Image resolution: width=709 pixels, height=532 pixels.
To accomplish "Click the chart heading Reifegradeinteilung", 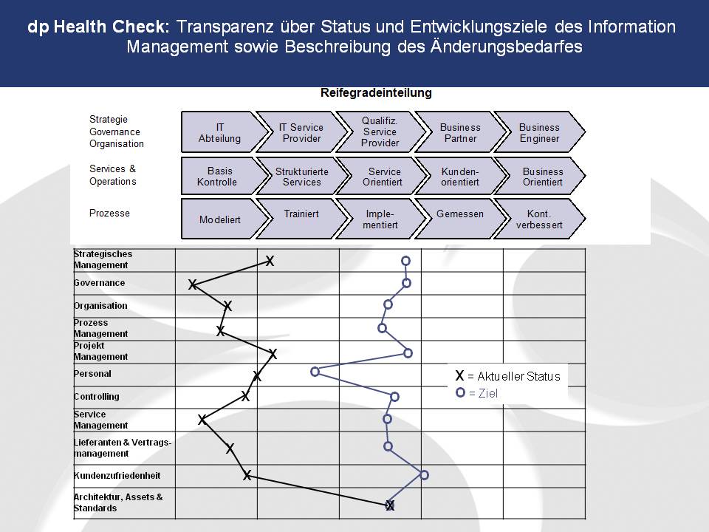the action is [x=376, y=93].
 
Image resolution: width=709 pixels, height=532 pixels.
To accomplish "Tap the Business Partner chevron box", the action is [x=460, y=132].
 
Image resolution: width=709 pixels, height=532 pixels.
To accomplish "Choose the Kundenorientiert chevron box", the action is [x=460, y=176].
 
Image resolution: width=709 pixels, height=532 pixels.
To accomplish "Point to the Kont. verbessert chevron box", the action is [x=539, y=219].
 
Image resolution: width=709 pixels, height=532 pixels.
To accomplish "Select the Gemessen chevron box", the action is [x=460, y=219].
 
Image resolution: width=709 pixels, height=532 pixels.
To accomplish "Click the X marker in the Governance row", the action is [x=193, y=284].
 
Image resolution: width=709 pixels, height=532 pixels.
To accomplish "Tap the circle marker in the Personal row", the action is [x=315, y=372].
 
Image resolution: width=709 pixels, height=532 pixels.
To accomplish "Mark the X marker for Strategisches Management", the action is [x=270, y=261].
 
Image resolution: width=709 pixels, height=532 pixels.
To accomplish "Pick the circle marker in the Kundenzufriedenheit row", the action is [x=424, y=474].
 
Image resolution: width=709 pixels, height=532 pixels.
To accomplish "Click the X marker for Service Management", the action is [x=202, y=420].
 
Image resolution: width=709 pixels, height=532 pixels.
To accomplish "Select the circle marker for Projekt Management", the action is [x=408, y=353].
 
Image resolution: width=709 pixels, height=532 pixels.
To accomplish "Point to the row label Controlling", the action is [x=96, y=396].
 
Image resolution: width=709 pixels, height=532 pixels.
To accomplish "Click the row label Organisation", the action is [x=100, y=305].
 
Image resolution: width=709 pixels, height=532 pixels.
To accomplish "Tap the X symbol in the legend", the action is [x=460, y=375].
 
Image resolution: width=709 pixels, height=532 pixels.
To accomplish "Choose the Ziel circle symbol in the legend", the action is [x=460, y=392].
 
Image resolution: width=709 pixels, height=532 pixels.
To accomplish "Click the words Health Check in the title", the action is [x=112, y=27].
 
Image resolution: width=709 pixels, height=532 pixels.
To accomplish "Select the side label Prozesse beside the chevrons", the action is [x=109, y=213].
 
